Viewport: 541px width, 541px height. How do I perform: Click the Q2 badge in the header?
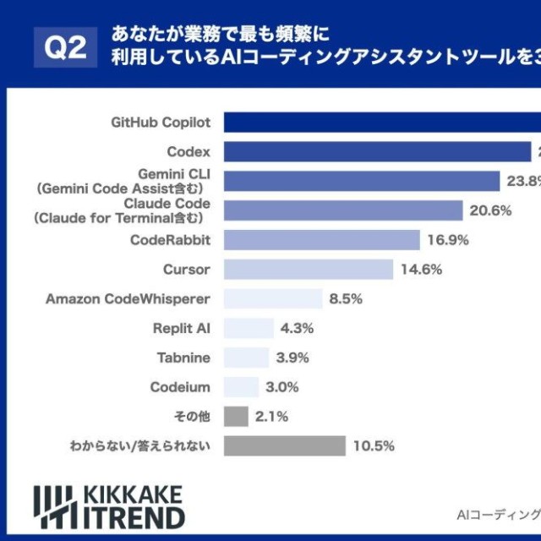(x=65, y=47)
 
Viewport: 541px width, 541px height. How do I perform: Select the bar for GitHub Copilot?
(x=380, y=123)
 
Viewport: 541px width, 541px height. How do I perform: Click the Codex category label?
(x=189, y=152)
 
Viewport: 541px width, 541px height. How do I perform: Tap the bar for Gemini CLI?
(x=362, y=181)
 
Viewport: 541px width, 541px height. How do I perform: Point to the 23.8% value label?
(x=524, y=181)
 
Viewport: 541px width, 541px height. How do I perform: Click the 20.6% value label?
(x=490, y=210)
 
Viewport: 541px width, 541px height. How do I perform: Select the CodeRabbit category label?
(x=170, y=240)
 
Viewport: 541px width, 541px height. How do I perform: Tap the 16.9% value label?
(x=448, y=240)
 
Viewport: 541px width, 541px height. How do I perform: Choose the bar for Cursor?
(x=309, y=270)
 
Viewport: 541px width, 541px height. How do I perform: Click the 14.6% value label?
(x=421, y=270)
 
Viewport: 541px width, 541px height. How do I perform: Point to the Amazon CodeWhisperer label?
(x=128, y=299)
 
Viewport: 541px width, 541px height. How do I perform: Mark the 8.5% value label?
(x=346, y=299)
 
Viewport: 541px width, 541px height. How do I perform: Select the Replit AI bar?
(x=249, y=328)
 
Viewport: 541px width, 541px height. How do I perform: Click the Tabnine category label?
(x=183, y=358)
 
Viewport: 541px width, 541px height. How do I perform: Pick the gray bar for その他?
(x=236, y=416)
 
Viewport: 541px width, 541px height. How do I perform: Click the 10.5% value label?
(x=374, y=445)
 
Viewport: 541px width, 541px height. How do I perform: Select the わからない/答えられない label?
(x=139, y=445)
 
